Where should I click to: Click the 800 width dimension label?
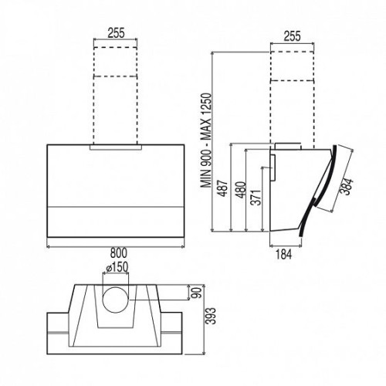119,253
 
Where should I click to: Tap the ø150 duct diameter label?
117,267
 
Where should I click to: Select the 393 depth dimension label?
212,316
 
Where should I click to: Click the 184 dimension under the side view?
284,254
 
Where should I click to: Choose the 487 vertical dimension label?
223,188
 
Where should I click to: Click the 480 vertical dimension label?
242,190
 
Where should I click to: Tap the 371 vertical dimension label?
256,198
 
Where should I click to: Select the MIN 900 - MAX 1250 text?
207,141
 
